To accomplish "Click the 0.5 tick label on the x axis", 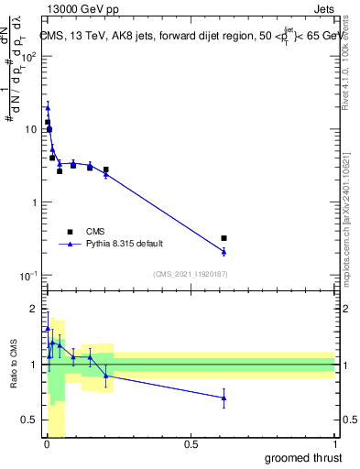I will click(191, 444).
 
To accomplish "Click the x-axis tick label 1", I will click(335, 444).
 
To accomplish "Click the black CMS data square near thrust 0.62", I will click(224, 238).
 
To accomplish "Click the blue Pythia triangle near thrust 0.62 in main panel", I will click(224, 251).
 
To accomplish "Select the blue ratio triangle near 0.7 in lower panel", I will click(224, 398).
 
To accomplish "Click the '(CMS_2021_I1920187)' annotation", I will click(189, 274).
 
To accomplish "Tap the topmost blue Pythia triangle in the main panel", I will click(48, 108).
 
